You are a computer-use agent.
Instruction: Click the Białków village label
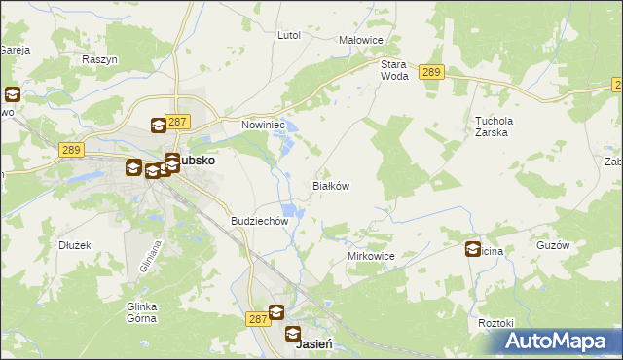click(x=329, y=185)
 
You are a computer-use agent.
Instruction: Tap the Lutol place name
click(x=289, y=35)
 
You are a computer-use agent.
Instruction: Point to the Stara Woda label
click(x=393, y=69)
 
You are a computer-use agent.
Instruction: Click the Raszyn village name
click(x=99, y=59)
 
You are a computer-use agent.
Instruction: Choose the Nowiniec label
click(x=261, y=125)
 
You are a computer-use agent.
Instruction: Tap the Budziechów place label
click(x=260, y=221)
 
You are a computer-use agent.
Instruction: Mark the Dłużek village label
click(x=74, y=245)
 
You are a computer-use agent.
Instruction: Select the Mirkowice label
click(x=371, y=256)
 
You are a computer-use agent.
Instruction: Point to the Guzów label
click(x=552, y=246)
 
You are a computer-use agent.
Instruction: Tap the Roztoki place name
click(x=495, y=322)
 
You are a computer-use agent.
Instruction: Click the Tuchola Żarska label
click(x=494, y=126)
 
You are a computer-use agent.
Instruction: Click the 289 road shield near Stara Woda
click(x=432, y=72)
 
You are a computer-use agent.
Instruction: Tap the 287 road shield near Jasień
click(x=256, y=318)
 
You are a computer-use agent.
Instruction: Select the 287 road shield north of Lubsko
click(x=177, y=122)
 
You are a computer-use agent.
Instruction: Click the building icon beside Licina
click(x=474, y=249)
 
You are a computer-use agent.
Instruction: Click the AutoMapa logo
click(x=558, y=342)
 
